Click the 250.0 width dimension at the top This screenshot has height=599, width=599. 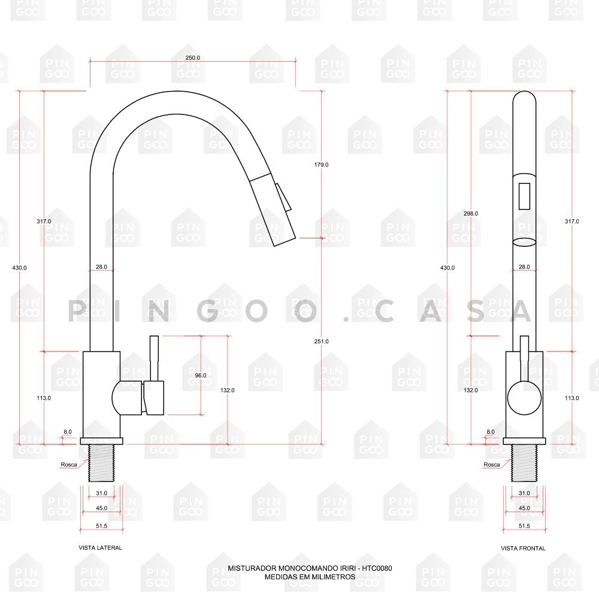(x=193, y=58)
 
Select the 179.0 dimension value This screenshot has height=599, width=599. (x=322, y=165)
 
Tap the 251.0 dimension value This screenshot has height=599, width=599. (x=322, y=341)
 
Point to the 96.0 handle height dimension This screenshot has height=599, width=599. (x=201, y=376)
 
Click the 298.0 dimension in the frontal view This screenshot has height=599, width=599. (x=470, y=214)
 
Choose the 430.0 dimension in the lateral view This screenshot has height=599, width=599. (x=20, y=268)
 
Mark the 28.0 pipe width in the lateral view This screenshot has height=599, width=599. (x=101, y=268)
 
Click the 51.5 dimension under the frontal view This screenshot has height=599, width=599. (x=524, y=526)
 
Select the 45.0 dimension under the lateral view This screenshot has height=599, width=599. (x=102, y=508)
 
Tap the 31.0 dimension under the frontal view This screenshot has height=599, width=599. (x=524, y=493)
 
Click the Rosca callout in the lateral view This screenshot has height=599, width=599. (x=68, y=465)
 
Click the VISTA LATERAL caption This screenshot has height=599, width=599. (x=101, y=547)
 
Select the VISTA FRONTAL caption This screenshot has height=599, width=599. (x=524, y=548)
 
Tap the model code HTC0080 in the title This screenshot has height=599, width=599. (x=377, y=568)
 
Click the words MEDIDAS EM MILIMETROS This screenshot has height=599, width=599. (x=310, y=577)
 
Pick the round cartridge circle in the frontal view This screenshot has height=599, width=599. (x=524, y=398)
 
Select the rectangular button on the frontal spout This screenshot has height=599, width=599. (x=524, y=196)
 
